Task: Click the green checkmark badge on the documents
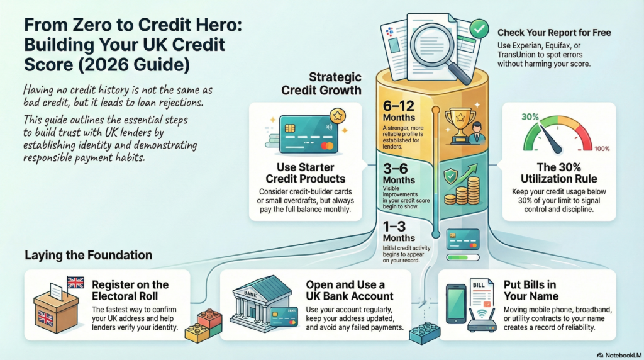click(479, 29)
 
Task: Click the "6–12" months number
click(398, 106)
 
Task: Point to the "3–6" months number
click(395, 169)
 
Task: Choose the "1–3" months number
click(394, 227)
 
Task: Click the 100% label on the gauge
click(602, 149)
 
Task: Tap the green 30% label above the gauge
click(530, 117)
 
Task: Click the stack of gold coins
click(463, 191)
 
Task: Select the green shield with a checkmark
click(451, 176)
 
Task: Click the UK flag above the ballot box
click(75, 283)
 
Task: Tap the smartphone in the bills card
click(456, 304)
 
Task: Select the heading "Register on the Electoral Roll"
click(130, 291)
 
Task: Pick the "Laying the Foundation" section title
click(88, 255)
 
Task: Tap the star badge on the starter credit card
click(338, 116)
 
